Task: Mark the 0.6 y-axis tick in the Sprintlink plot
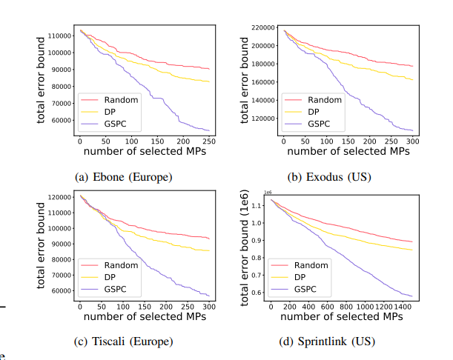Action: click(x=257, y=293)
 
